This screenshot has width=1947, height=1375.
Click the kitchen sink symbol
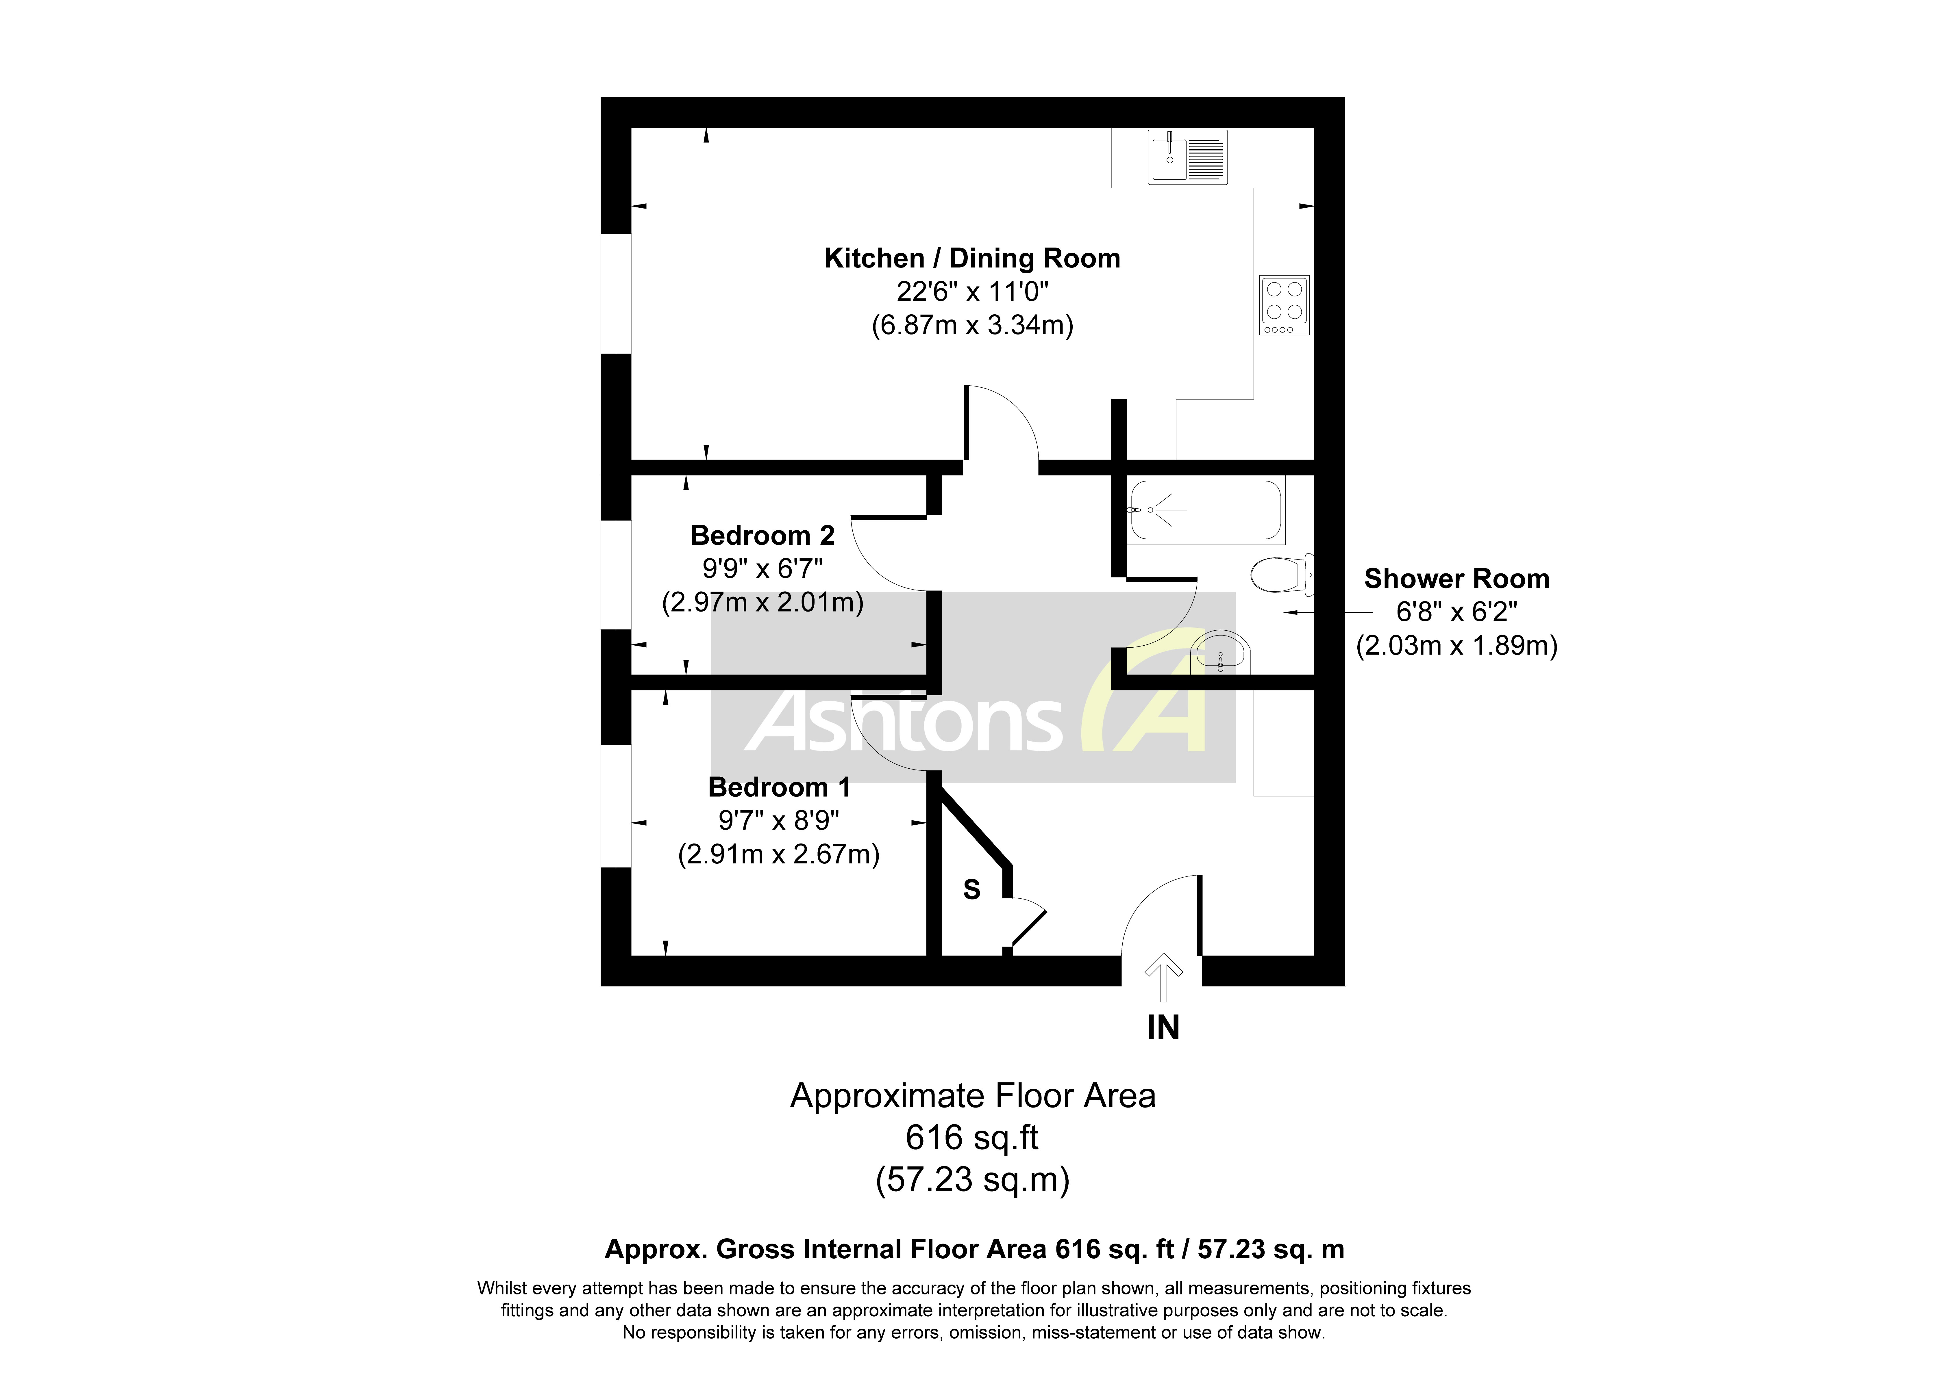pos(1187,157)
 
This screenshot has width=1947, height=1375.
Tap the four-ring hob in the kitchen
pos(1284,304)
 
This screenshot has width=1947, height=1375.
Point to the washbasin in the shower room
pos(1219,653)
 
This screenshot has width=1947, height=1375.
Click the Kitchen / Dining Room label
pos(972,258)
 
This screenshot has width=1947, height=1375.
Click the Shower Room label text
pos(1456,579)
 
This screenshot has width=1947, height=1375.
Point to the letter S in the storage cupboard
pos(972,890)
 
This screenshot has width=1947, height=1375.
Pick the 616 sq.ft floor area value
pos(972,1138)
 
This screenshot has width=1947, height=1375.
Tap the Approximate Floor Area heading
pos(972,1096)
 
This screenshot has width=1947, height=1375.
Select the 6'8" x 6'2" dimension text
pos(1456,612)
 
